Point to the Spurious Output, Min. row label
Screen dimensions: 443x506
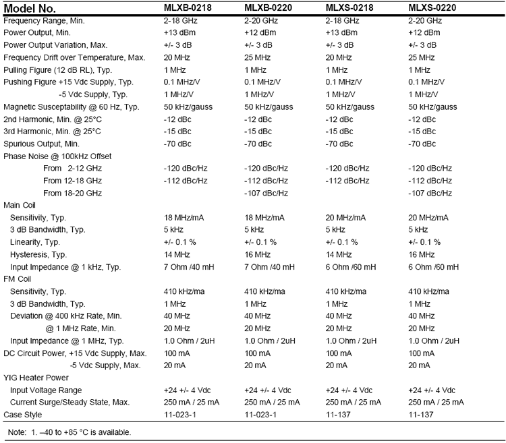click(x=42, y=144)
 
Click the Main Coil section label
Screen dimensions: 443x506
click(x=21, y=205)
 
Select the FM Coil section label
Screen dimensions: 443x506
click(x=19, y=279)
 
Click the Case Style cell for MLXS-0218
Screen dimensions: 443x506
click(x=340, y=414)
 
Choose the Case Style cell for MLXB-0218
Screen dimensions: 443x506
click(x=182, y=414)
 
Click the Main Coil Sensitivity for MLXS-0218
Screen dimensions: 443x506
click(x=346, y=218)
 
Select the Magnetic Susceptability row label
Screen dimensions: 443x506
click(x=72, y=107)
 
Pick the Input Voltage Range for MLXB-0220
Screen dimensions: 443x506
click(x=267, y=390)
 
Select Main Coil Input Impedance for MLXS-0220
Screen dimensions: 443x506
click(x=436, y=267)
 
